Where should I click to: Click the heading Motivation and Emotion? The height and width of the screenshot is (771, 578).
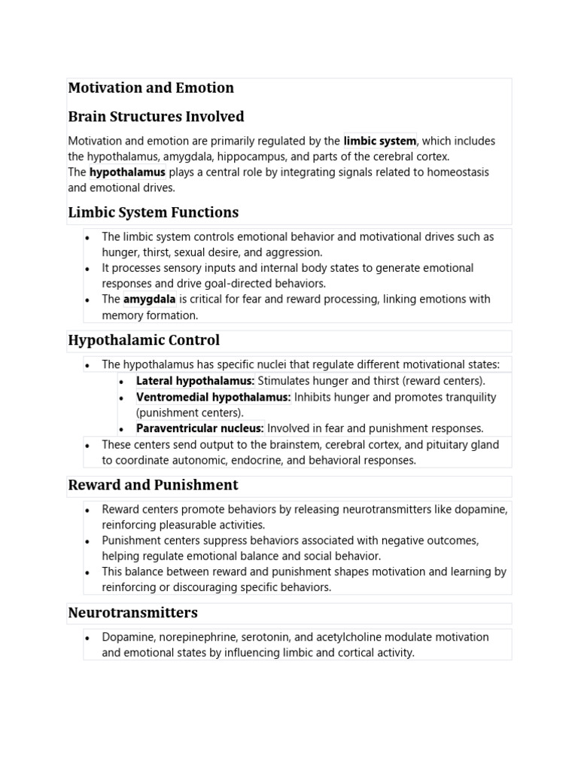pyautogui.click(x=151, y=88)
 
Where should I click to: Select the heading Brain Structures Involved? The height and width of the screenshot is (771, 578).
pyautogui.click(x=156, y=117)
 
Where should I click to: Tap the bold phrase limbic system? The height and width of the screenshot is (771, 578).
pyautogui.click(x=379, y=141)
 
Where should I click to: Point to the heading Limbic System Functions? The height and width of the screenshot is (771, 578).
pyautogui.click(x=153, y=212)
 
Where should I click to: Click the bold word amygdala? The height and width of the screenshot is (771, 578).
pyautogui.click(x=149, y=299)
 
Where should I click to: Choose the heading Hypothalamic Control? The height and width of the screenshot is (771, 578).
pyautogui.click(x=144, y=340)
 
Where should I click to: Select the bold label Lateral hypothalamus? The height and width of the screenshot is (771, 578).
pyautogui.click(x=195, y=381)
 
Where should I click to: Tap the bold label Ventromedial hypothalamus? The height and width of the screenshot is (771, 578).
pyautogui.click(x=213, y=397)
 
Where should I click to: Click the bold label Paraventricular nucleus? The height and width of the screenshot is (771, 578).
pyautogui.click(x=199, y=428)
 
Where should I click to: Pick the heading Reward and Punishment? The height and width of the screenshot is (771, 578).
pyautogui.click(x=153, y=485)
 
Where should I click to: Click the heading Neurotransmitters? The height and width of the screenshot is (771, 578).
pyautogui.click(x=132, y=612)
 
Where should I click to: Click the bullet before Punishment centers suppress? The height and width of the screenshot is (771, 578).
pyautogui.click(x=88, y=541)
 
